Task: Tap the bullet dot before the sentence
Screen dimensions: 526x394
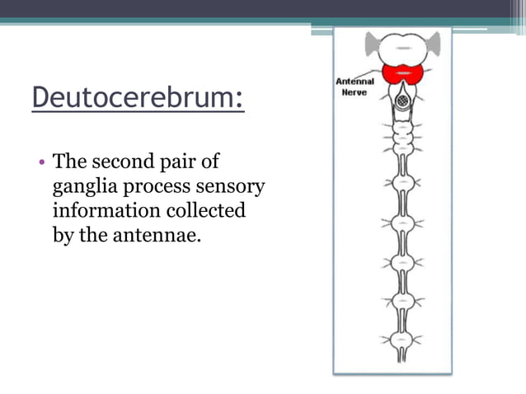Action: (41, 162)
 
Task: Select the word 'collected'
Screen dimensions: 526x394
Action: (204, 210)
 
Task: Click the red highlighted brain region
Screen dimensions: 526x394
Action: (403, 73)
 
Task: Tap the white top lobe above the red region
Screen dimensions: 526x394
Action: (403, 46)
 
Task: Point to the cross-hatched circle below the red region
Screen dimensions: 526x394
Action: (403, 100)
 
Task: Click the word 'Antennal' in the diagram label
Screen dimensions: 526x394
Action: (355, 81)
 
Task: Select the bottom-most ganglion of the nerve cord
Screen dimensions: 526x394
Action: (403, 339)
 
